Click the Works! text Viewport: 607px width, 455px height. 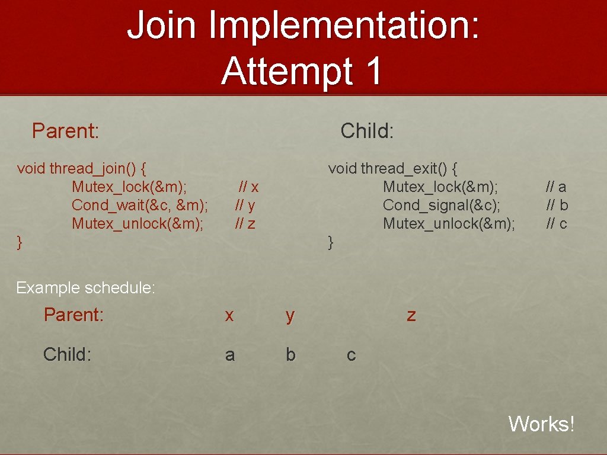click(x=541, y=424)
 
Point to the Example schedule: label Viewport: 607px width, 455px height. click(x=85, y=288)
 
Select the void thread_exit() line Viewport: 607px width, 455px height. click(x=392, y=168)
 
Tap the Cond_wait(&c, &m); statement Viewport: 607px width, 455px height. click(x=139, y=205)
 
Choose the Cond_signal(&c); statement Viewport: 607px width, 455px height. click(x=441, y=205)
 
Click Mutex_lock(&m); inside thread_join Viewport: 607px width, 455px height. click(x=129, y=187)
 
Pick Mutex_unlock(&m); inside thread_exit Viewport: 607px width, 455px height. click(x=449, y=223)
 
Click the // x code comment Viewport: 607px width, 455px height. click(x=248, y=187)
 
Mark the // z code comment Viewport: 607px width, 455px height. click(x=245, y=223)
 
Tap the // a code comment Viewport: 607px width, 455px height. click(x=556, y=187)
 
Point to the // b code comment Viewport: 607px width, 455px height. click(x=557, y=205)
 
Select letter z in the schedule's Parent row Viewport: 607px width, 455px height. click(x=411, y=315)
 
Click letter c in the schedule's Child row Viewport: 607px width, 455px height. click(x=351, y=355)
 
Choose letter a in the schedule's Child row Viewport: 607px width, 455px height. click(x=229, y=355)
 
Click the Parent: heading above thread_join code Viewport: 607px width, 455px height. click(x=65, y=130)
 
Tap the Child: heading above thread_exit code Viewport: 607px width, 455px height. click(x=367, y=130)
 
